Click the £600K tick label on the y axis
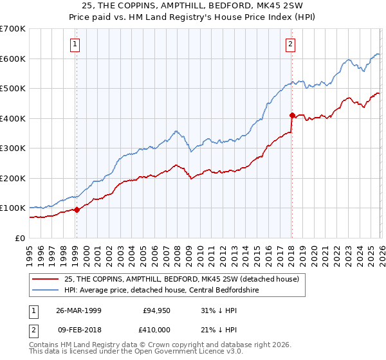click(x=13, y=59)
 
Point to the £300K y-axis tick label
click(x=13, y=148)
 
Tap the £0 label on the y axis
click(x=21, y=238)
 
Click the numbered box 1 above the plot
click(x=76, y=44)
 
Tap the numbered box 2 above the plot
click(x=291, y=44)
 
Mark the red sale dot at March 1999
click(x=77, y=210)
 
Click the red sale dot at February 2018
click(x=292, y=116)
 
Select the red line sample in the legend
click(x=45, y=280)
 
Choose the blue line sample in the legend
click(x=45, y=291)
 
